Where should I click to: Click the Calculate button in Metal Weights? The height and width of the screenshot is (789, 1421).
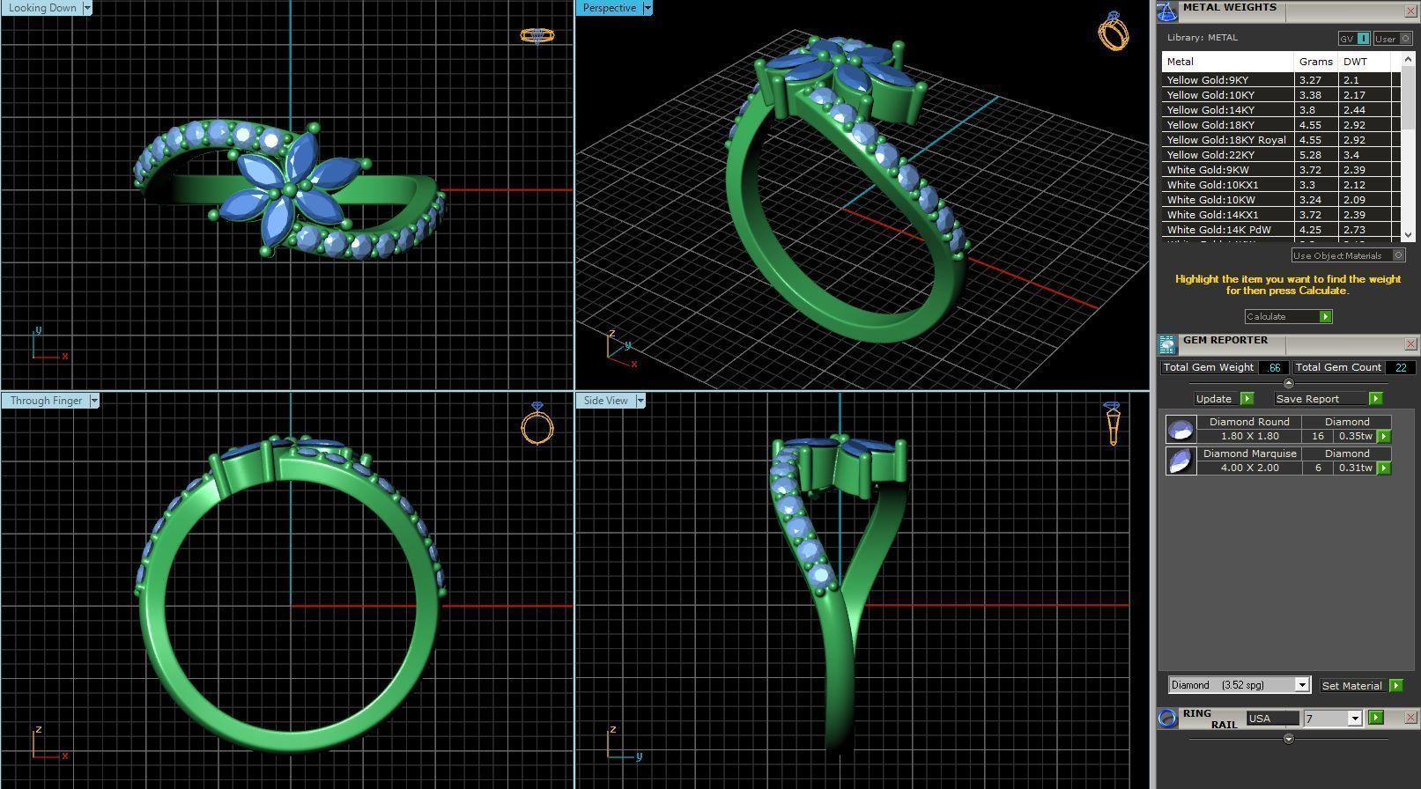1287,316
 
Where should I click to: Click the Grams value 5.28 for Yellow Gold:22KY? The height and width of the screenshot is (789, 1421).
1310,155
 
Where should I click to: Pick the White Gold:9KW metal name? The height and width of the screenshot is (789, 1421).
1207,170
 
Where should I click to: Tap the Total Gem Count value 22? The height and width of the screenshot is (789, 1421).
1400,367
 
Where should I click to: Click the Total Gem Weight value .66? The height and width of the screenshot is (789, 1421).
1273,367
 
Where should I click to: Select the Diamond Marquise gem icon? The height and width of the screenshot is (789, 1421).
1180,461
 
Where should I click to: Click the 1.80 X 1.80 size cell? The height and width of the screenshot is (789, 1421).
1249,436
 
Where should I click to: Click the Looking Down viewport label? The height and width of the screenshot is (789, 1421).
42,8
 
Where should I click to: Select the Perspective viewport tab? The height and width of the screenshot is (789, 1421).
609,8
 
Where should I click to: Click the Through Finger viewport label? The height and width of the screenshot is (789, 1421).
46,401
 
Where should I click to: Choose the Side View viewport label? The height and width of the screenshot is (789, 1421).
606,401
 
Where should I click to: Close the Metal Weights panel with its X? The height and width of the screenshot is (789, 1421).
1410,11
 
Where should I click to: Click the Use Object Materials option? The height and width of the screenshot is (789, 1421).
1347,255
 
